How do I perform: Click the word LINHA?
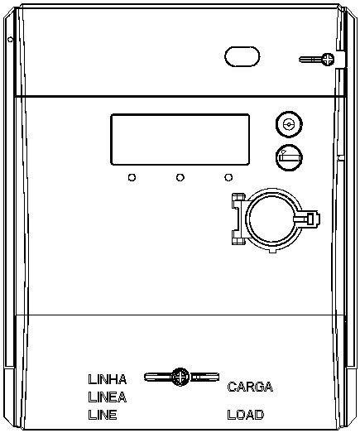click(x=108, y=379)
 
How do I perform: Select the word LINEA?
click(x=108, y=397)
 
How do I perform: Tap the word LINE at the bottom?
click(x=103, y=415)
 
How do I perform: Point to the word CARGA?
click(x=250, y=387)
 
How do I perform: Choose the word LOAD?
click(x=246, y=415)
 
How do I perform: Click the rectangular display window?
click(x=180, y=139)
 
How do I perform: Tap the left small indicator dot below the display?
click(x=132, y=177)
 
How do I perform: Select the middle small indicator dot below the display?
click(x=180, y=177)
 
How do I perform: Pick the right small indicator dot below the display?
click(x=228, y=177)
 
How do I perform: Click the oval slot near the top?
click(x=242, y=56)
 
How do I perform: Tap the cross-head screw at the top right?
click(x=328, y=60)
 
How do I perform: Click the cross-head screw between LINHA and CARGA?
click(x=180, y=377)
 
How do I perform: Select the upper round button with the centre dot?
click(x=289, y=124)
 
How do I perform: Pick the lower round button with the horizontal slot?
click(x=289, y=157)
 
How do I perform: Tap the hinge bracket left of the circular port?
click(x=238, y=219)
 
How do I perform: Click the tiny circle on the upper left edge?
click(x=10, y=40)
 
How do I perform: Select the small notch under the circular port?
click(x=273, y=250)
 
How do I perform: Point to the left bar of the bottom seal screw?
click(x=158, y=377)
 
